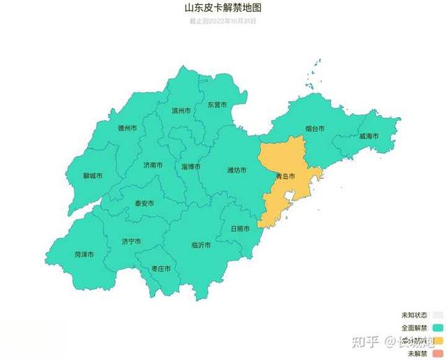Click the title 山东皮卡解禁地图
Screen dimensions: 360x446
223,9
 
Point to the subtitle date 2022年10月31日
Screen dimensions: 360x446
223,21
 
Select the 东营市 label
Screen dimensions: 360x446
217,104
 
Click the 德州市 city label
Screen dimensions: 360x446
127,128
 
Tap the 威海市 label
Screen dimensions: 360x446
369,136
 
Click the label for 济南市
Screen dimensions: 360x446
153,165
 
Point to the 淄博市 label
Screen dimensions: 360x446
191,166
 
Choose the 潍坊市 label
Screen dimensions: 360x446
237,169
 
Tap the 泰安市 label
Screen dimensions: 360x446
144,203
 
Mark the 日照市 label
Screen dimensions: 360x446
240,228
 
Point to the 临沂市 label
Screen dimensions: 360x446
201,245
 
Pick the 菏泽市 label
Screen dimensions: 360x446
84,255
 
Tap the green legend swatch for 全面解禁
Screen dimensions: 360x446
438,327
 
